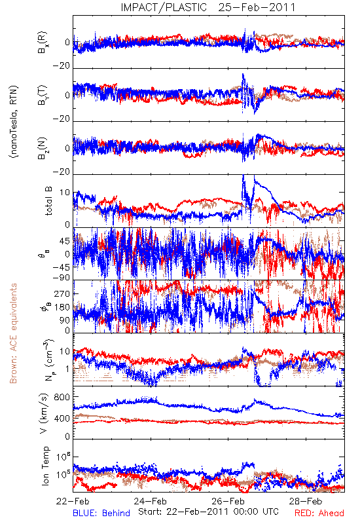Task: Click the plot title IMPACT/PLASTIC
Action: pos(164,7)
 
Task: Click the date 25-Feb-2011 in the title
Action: pos(257,7)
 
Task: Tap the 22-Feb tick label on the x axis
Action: pos(73,501)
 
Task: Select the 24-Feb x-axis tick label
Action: pos(151,501)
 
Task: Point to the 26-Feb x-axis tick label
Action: pos(228,501)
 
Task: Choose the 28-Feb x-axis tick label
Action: pos(306,501)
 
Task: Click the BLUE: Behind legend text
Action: pos(101,513)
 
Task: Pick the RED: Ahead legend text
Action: pos(319,513)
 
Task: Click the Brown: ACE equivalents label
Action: pos(13,333)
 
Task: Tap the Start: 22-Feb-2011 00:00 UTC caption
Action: pos(208,512)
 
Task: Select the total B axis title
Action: pos(48,201)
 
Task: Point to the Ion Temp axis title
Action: pos(46,466)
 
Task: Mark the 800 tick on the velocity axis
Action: pos(62,397)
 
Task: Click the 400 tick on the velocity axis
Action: pos(62,418)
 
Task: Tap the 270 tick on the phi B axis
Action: pos(62,293)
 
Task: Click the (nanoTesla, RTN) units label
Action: pos(14,122)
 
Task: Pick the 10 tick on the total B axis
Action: pos(65,193)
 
